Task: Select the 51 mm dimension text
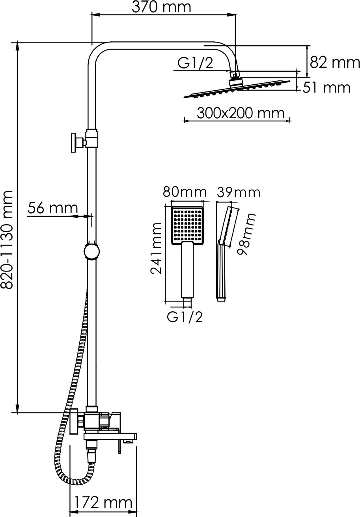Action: pyautogui.click(x=326, y=88)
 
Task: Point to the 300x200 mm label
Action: pyautogui.click(x=241, y=113)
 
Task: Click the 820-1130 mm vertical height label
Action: pyautogui.click(x=6, y=240)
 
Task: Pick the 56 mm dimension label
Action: pyautogui.click(x=52, y=208)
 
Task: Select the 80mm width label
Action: pyautogui.click(x=185, y=192)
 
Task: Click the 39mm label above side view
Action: pyautogui.click(x=238, y=192)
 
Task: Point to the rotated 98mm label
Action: pyautogui.click(x=246, y=234)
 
